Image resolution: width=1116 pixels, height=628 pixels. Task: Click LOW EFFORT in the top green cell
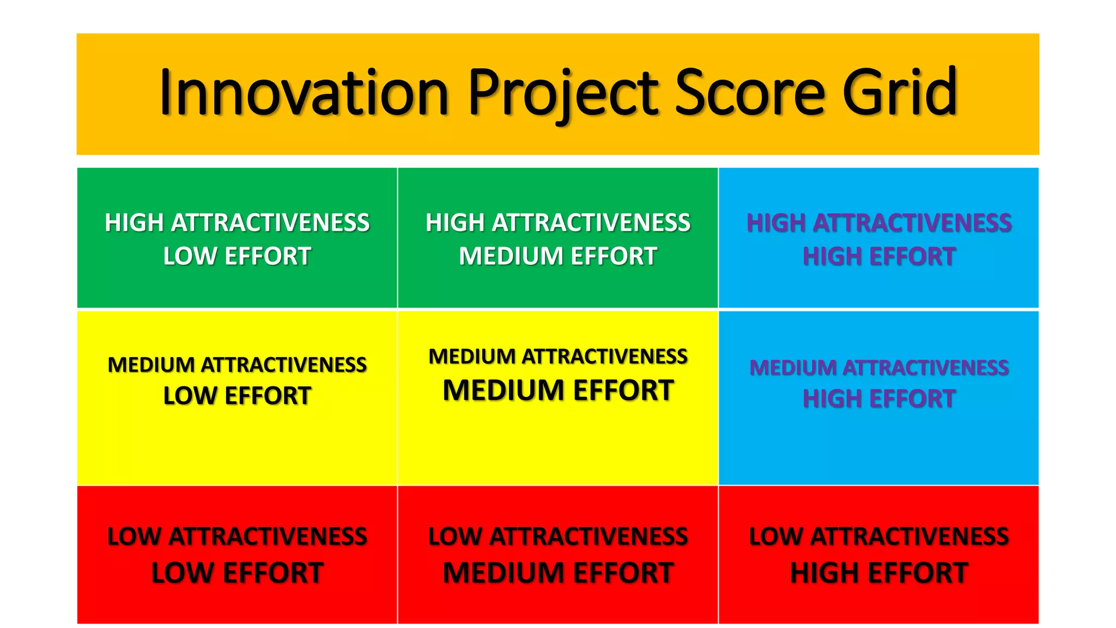237,256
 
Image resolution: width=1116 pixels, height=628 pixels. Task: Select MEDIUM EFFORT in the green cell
557,256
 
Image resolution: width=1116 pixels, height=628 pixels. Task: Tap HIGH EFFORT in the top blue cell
878,256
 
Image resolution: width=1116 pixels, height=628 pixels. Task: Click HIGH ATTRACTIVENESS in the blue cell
878,223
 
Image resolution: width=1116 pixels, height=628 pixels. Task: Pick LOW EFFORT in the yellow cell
237,396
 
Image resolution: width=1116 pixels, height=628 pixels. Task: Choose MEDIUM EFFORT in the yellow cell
557,390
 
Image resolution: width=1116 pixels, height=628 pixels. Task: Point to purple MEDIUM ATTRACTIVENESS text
878,368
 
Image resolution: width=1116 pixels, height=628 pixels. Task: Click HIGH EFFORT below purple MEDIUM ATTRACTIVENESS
878,398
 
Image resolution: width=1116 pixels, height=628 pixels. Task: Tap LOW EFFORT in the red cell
237,573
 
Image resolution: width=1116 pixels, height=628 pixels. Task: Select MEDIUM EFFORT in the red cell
557,573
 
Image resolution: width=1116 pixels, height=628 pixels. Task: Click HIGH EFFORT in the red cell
878,573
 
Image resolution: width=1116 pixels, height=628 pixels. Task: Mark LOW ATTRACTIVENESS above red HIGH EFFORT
878,536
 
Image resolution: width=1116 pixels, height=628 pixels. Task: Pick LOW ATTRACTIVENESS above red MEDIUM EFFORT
557,536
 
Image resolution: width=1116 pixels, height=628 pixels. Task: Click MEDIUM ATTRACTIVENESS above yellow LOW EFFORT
237,365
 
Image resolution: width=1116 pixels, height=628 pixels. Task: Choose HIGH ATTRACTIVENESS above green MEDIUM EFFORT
557,223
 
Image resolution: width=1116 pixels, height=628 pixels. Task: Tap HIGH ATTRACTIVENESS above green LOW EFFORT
237,223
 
